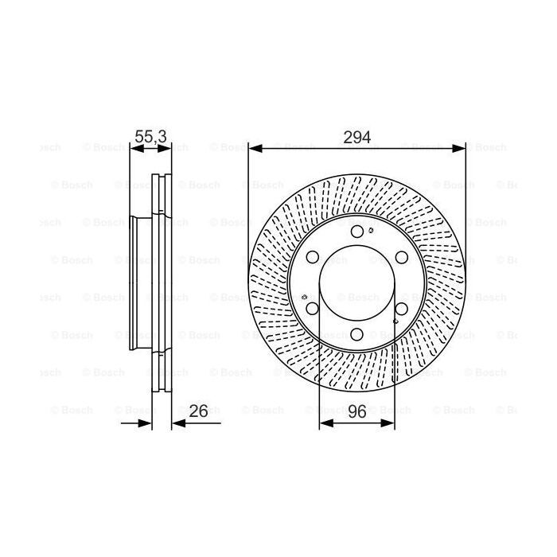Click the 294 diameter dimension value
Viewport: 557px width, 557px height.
click(x=356, y=137)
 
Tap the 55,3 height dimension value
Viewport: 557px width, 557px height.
click(x=150, y=137)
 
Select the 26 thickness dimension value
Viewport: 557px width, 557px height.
click(x=199, y=411)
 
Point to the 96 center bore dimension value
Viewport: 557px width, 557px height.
click(x=356, y=411)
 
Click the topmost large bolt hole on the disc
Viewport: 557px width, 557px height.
click(x=357, y=232)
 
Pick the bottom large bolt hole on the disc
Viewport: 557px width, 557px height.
click(x=357, y=334)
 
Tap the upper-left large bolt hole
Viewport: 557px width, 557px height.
click(x=313, y=257)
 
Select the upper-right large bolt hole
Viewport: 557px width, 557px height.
click(x=402, y=257)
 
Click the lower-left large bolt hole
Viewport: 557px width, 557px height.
click(x=313, y=309)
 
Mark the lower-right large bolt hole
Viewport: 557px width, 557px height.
click(x=402, y=309)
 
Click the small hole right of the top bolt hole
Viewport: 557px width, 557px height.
click(x=372, y=231)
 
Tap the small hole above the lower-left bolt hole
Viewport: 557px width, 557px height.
click(x=306, y=298)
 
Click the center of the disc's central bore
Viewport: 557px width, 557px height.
click(x=357, y=282)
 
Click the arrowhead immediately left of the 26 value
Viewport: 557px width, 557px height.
click(x=177, y=423)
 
